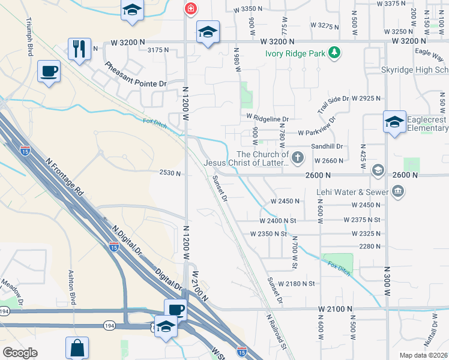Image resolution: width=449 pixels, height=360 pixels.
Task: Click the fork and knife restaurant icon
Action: click(x=79, y=49)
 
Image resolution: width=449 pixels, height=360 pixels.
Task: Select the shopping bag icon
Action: click(x=77, y=347)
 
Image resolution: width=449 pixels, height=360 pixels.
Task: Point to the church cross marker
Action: click(x=299, y=158)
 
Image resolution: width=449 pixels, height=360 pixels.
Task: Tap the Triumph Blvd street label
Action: click(x=29, y=37)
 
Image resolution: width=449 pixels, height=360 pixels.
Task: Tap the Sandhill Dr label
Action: click(x=327, y=146)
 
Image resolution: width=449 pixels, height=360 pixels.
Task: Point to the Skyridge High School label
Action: click(x=415, y=70)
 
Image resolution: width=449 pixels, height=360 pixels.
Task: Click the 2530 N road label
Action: click(x=170, y=173)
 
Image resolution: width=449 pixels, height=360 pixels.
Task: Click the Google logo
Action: click(x=20, y=353)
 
